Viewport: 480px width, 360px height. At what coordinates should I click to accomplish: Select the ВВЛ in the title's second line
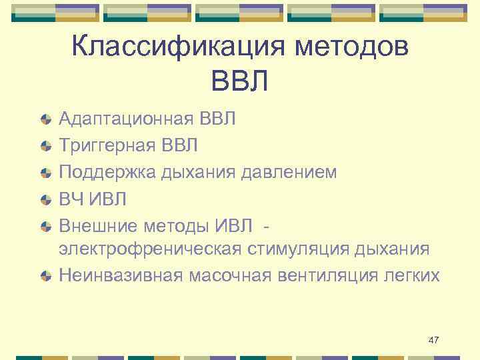click(x=239, y=82)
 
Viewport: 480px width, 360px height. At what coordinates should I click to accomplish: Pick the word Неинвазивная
click(x=120, y=275)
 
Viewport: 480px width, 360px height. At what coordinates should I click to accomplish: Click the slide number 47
click(x=433, y=341)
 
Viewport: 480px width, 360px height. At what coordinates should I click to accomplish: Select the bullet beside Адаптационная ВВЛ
click(x=45, y=120)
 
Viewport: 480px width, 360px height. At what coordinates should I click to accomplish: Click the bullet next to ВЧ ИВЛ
click(x=45, y=198)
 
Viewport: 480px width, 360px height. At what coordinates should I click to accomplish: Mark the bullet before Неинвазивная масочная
click(x=45, y=276)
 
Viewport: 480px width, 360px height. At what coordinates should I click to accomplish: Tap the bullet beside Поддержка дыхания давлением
click(x=45, y=172)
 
